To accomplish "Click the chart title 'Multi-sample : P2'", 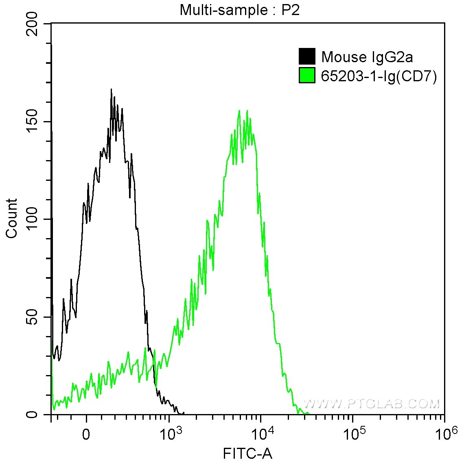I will tap(240, 10).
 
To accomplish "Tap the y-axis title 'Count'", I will tap(12, 219).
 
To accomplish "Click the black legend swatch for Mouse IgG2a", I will tap(307, 56).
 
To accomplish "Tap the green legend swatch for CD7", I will tap(307, 76).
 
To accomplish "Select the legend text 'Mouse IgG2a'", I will tap(367, 57).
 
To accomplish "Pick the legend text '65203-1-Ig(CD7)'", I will tap(379, 76).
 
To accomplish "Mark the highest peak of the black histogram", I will tap(111, 89).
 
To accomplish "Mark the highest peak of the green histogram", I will tap(239, 111).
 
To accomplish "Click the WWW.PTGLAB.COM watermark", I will tap(372, 403).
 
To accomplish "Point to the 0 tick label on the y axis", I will tap(33, 414).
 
